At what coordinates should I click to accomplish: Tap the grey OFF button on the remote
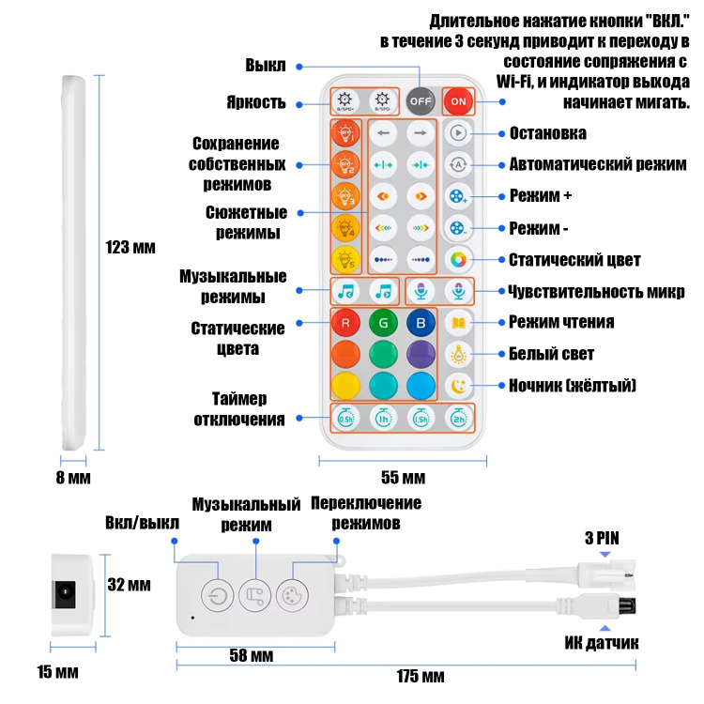pos(421,101)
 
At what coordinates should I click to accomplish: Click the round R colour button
pos(345,323)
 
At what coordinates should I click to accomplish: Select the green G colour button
pos(383,323)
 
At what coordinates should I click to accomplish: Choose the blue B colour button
pos(421,323)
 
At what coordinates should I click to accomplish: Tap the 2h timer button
pos(458,419)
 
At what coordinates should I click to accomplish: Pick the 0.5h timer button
pos(345,419)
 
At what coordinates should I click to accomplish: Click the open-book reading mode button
pos(458,323)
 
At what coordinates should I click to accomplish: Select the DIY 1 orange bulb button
pos(345,133)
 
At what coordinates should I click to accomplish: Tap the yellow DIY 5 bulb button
pos(345,259)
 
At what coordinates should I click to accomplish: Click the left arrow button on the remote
pos(383,133)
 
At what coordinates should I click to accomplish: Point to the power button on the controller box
pos(218,596)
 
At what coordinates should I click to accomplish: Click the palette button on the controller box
pos(292,596)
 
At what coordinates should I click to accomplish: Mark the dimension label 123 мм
pos(130,248)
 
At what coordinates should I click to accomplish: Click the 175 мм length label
pos(421,676)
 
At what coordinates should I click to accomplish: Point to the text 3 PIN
pos(602,538)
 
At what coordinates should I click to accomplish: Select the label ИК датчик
pos(601,643)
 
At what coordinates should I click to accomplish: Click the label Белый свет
pos(551,354)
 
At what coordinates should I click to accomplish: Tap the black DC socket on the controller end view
pos(64,594)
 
